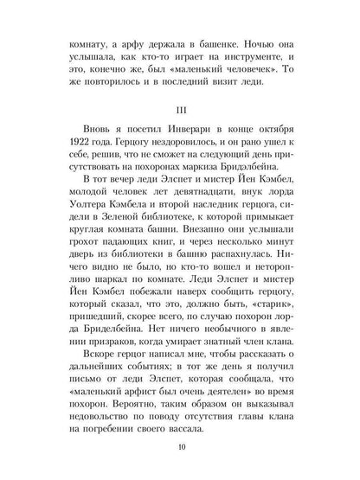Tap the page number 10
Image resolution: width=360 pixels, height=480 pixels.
[x=180, y=448]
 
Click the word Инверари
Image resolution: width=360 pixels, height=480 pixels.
[x=178, y=145]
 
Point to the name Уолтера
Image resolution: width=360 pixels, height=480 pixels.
[x=84, y=239]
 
